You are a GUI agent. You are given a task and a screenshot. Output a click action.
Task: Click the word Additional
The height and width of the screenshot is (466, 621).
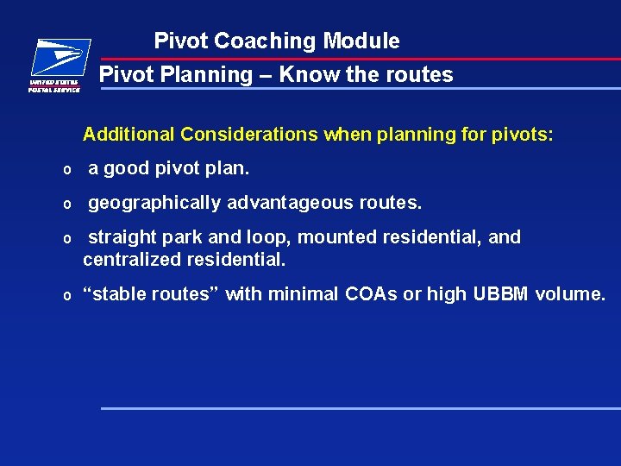(x=129, y=135)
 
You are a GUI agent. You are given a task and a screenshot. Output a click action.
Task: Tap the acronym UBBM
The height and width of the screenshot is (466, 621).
(x=501, y=294)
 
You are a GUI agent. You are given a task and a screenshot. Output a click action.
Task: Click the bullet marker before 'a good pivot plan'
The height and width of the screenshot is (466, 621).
(x=66, y=169)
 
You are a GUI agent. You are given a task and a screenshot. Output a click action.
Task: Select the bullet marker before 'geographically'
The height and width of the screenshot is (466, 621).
(x=66, y=204)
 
